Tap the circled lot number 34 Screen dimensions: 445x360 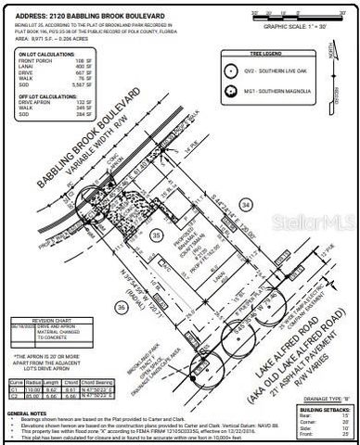click(245, 203)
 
